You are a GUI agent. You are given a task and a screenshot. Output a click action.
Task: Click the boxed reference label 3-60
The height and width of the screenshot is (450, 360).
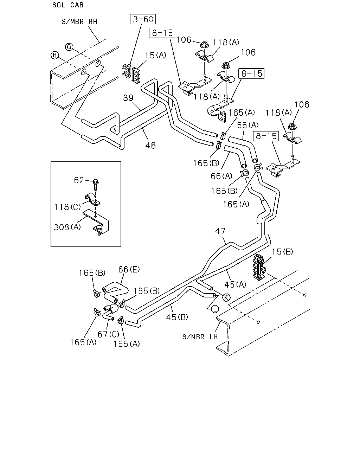click(x=143, y=19)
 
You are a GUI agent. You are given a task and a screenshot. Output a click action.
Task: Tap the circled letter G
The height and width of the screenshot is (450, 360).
click(x=69, y=47)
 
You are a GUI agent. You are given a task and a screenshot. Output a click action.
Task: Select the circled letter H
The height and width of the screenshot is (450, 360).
click(x=54, y=56)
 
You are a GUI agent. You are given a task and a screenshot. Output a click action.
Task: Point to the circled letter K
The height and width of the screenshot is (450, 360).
click(x=226, y=297)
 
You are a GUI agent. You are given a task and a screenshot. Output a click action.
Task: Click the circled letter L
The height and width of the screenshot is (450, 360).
click(x=215, y=309)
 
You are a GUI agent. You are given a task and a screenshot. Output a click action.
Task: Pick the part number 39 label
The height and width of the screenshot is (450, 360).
click(x=128, y=98)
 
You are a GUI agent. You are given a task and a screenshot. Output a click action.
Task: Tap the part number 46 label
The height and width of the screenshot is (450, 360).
click(x=150, y=146)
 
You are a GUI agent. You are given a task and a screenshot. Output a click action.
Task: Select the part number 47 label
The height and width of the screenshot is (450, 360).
click(x=220, y=231)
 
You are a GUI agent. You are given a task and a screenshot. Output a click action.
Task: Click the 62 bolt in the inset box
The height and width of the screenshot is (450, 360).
click(x=96, y=184)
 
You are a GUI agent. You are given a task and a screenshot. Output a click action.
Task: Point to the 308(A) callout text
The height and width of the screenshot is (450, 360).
click(x=67, y=227)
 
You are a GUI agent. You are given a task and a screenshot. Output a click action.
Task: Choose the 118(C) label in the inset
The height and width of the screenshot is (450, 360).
click(x=67, y=207)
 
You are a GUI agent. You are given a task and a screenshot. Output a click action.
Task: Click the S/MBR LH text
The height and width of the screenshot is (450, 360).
click(x=200, y=337)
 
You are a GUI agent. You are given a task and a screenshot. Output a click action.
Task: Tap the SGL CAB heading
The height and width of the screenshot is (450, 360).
click(x=68, y=5)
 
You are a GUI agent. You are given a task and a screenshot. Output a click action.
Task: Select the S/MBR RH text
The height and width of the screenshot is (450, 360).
click(x=79, y=21)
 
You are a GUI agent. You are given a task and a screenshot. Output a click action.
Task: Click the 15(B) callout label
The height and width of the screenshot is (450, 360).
click(x=283, y=252)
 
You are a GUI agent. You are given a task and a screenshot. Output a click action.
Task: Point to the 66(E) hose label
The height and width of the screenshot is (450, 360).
click(x=129, y=269)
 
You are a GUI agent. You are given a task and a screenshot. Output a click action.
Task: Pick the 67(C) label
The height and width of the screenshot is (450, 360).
click(x=108, y=334)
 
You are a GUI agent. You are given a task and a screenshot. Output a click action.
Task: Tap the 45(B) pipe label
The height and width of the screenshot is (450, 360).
click(x=177, y=317)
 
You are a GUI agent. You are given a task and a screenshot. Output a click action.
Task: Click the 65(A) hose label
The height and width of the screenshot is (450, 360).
click(x=248, y=125)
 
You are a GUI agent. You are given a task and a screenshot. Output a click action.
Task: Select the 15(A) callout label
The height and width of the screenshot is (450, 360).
click(x=156, y=56)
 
